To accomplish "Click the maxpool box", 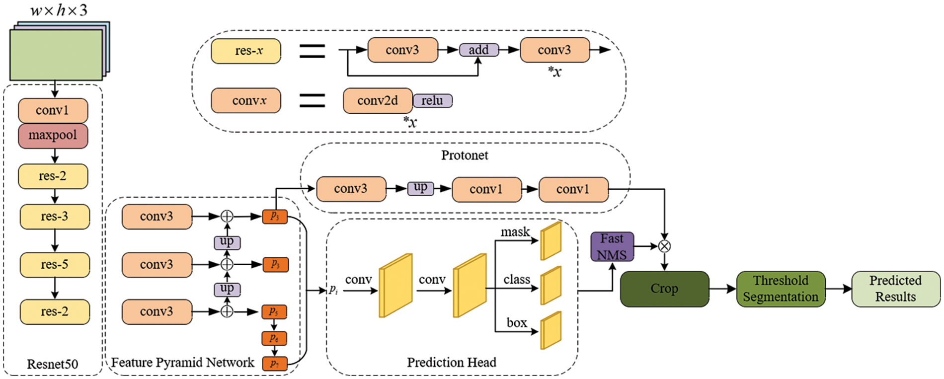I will [53, 136].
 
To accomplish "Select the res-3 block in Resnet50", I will [55, 217].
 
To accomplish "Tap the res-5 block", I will [55, 265].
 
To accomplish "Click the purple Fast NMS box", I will [612, 246].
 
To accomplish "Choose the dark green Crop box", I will [664, 289].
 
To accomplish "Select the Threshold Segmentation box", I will [780, 289].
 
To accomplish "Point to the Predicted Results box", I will [895, 289].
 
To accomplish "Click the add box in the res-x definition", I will [478, 50].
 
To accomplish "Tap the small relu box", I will [432, 101].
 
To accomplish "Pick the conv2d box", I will [378, 101].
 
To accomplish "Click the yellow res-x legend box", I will [246, 51].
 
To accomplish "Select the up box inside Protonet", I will [420, 188].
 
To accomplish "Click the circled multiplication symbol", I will [664, 246].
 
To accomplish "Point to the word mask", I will [515, 232].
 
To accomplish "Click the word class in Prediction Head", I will [517, 280].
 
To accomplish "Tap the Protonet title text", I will [465, 155].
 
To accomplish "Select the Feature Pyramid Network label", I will [182, 363].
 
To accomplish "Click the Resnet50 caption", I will [52, 364].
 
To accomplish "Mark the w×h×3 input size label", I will [59, 10].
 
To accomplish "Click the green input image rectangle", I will [56, 55].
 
